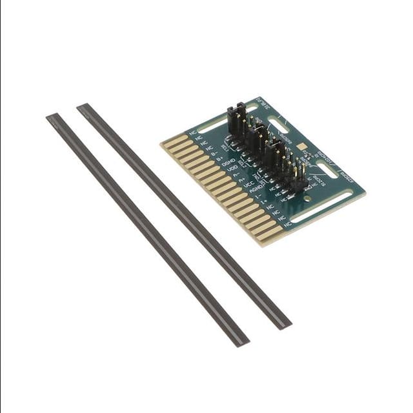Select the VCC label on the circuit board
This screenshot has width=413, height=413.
[x=248, y=184]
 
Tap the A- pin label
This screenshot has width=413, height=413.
[x=237, y=174]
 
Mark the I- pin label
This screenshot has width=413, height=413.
[x=258, y=196]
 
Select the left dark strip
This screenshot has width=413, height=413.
[x=147, y=230]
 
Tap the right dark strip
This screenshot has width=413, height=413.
[x=184, y=216]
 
